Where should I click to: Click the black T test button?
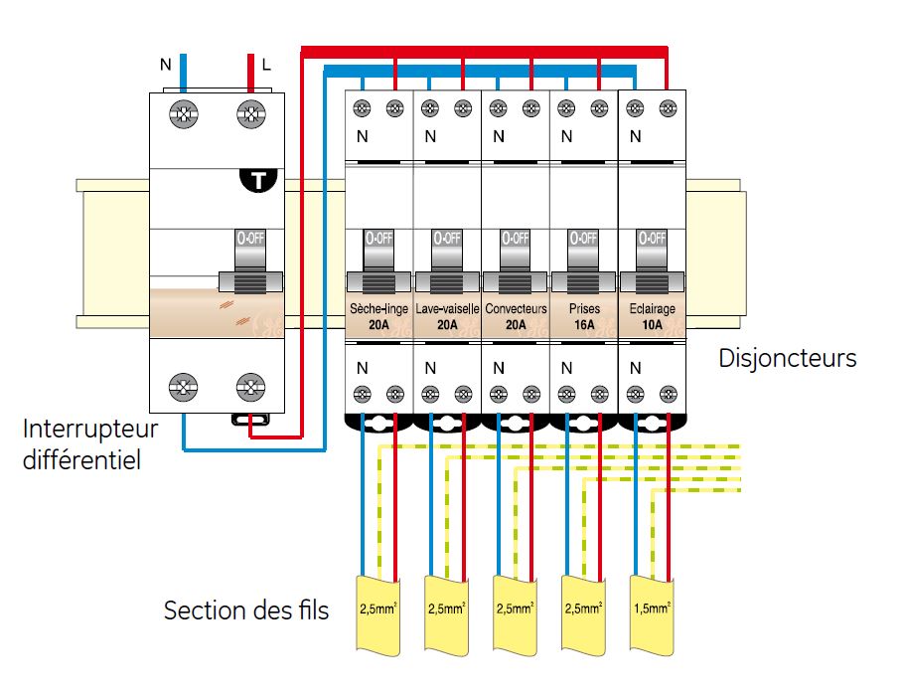coord(260,180)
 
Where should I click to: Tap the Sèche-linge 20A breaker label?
coord(378,315)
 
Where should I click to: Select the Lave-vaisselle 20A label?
coord(447,315)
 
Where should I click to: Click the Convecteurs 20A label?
coord(516,315)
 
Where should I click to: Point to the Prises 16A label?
coord(584,315)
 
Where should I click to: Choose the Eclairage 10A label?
coord(652,315)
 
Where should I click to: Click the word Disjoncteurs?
coord(788,358)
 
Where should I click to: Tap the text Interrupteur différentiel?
coord(90,445)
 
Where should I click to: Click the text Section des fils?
coord(245,610)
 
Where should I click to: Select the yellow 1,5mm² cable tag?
coord(652,608)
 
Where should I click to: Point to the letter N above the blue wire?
coord(165,66)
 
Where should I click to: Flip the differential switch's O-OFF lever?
coord(250,261)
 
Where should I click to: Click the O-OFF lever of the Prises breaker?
coord(583,257)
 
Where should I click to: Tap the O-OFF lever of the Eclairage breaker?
coord(652,257)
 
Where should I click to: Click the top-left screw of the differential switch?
coord(183,115)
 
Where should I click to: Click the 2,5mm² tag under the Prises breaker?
coord(583,608)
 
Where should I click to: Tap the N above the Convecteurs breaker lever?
coord(499,136)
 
